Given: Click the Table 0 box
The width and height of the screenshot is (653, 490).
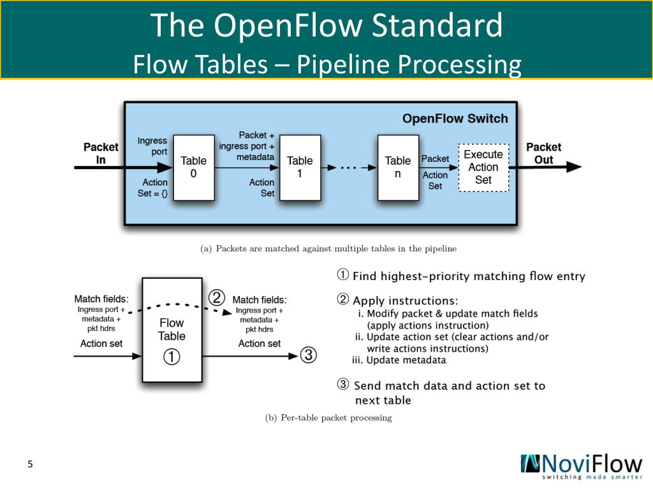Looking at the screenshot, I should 194,167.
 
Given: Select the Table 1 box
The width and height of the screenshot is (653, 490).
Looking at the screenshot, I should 300,167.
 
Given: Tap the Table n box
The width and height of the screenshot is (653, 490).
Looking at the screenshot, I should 398,167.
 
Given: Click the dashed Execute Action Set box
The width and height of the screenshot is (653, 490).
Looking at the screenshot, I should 483,167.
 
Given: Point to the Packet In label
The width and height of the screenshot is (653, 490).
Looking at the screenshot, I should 101,153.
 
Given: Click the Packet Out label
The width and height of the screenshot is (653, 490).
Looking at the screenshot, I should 543,153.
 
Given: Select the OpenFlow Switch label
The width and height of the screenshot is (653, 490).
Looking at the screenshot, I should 455,119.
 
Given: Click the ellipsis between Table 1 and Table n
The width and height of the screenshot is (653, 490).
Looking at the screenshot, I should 346,168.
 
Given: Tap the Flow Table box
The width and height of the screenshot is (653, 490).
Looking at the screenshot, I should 172,329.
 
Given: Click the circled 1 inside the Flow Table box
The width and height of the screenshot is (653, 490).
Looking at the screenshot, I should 172,357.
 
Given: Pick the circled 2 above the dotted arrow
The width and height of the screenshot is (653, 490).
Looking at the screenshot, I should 217,298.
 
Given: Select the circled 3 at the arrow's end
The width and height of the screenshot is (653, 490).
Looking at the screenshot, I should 308,355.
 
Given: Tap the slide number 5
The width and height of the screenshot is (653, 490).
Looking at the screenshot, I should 30,464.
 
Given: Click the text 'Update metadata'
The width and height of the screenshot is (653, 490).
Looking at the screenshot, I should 406,360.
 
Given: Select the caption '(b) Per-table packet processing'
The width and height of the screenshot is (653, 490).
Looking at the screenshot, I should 328,418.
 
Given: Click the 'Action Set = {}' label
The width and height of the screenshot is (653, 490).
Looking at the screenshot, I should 152,188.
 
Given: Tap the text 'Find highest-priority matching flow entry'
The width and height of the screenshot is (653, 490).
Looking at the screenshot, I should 469,276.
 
